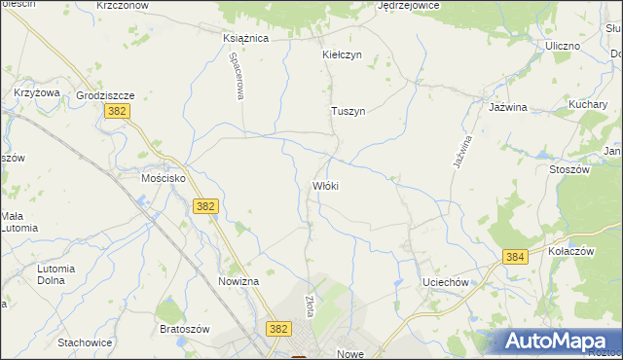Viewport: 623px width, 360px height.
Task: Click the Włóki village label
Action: pyautogui.click(x=325, y=185)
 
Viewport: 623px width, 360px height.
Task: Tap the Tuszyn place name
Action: pyautogui.click(x=348, y=111)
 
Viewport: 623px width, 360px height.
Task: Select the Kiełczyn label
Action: pyautogui.click(x=342, y=54)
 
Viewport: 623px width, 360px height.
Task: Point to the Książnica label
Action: pyautogui.click(x=245, y=38)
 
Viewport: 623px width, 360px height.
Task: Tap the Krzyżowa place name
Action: pyautogui.click(x=37, y=92)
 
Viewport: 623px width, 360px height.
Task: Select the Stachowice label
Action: pyautogui.click(x=85, y=342)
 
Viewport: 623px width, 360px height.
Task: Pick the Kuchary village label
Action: pyautogui.click(x=588, y=103)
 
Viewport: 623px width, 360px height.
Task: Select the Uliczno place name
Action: pyautogui.click(x=563, y=46)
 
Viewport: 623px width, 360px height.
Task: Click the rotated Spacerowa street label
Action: pyautogui.click(x=236, y=76)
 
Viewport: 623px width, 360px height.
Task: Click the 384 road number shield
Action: pyautogui.click(x=515, y=257)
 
